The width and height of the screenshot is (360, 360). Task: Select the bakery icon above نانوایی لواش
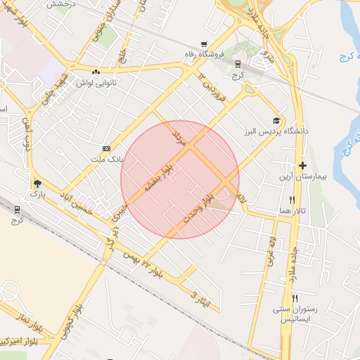click(96, 71)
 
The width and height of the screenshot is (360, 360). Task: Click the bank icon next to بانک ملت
click(106, 148)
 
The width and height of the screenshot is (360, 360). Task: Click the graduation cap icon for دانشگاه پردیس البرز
click(276, 120)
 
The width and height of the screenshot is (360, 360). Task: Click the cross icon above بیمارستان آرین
click(302, 166)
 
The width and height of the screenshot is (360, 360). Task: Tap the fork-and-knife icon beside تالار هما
click(282, 200)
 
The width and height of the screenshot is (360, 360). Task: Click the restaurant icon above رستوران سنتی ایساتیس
click(295, 297)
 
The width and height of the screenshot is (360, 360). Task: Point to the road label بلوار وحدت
click(198, 210)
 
